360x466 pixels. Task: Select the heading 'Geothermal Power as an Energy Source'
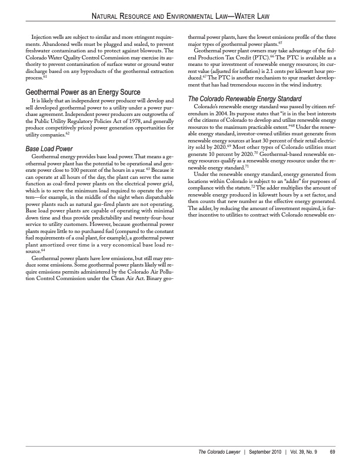pyautogui.click(x=82, y=92)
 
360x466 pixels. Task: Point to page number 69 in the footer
pyautogui.click(x=332, y=452)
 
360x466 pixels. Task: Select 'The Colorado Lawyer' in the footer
pyautogui.click(x=218, y=452)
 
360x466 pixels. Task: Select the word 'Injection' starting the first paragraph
pyautogui.click(x=42, y=37)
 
